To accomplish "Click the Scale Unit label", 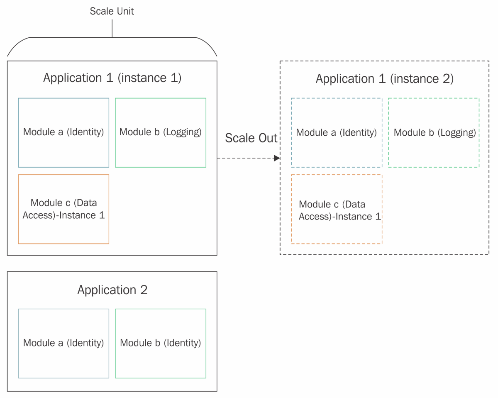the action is [112, 11].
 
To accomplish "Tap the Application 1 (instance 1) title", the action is [112, 78].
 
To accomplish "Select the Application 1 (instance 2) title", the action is [385, 79].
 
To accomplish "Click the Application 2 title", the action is [112, 290].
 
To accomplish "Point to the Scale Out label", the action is [251, 138].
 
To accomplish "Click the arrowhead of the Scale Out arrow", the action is [277, 158].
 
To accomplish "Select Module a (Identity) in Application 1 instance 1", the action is [63, 132].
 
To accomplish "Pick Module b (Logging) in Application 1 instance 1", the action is [161, 132].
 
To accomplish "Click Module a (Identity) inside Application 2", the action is [63, 343].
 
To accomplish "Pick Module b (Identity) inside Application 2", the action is [161, 343].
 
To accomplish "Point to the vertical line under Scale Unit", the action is [112, 28].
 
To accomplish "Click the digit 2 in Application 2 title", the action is [144, 290].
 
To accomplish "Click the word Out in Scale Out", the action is [268, 138].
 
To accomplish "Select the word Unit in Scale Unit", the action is [126, 11].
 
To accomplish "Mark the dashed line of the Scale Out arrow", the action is [246, 158].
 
